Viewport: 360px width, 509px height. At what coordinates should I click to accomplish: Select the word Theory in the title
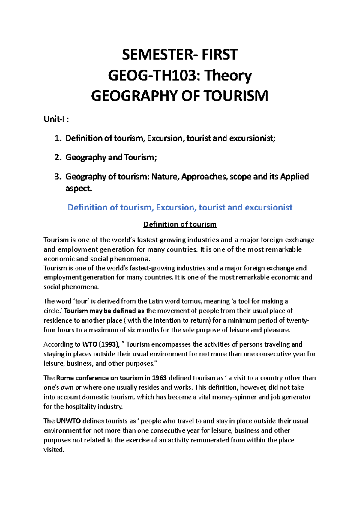click(x=228, y=76)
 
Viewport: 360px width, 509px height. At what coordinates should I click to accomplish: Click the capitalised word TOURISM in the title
click(x=235, y=96)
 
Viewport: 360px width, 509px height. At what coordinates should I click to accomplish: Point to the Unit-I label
click(x=54, y=119)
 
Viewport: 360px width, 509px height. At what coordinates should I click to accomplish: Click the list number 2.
click(x=58, y=158)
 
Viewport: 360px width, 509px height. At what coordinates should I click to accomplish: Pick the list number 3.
click(x=58, y=177)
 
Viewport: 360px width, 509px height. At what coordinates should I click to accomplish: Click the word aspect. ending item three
click(x=79, y=189)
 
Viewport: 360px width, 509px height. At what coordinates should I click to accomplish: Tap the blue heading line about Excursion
click(x=180, y=207)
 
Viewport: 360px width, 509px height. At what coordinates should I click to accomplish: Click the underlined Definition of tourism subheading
click(x=180, y=225)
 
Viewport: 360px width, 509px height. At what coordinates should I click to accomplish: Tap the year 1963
click(x=159, y=378)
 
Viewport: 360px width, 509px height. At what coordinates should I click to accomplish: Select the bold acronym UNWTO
click(x=68, y=421)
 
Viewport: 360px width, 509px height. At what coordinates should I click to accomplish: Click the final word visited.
click(x=54, y=450)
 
